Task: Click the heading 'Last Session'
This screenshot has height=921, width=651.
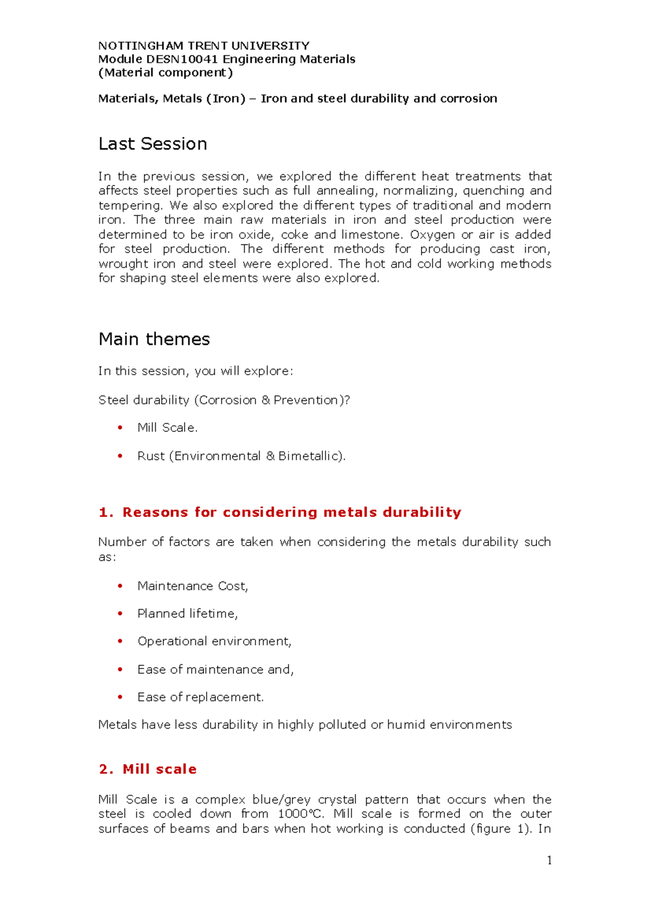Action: [152, 144]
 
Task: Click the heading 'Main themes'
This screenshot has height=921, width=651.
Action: [154, 339]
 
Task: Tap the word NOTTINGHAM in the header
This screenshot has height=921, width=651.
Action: [141, 46]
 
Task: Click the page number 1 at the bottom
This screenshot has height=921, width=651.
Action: [549, 860]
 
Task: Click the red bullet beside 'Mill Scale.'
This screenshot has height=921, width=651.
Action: [120, 428]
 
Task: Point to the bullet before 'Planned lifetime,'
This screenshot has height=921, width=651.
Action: [120, 614]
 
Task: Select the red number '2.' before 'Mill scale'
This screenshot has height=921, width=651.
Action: [106, 769]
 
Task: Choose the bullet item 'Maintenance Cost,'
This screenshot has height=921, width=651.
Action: [193, 586]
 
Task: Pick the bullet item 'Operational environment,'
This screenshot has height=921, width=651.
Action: [214, 641]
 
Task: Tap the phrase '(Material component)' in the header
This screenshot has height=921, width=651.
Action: [165, 73]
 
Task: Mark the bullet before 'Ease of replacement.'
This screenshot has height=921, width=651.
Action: [120, 697]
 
